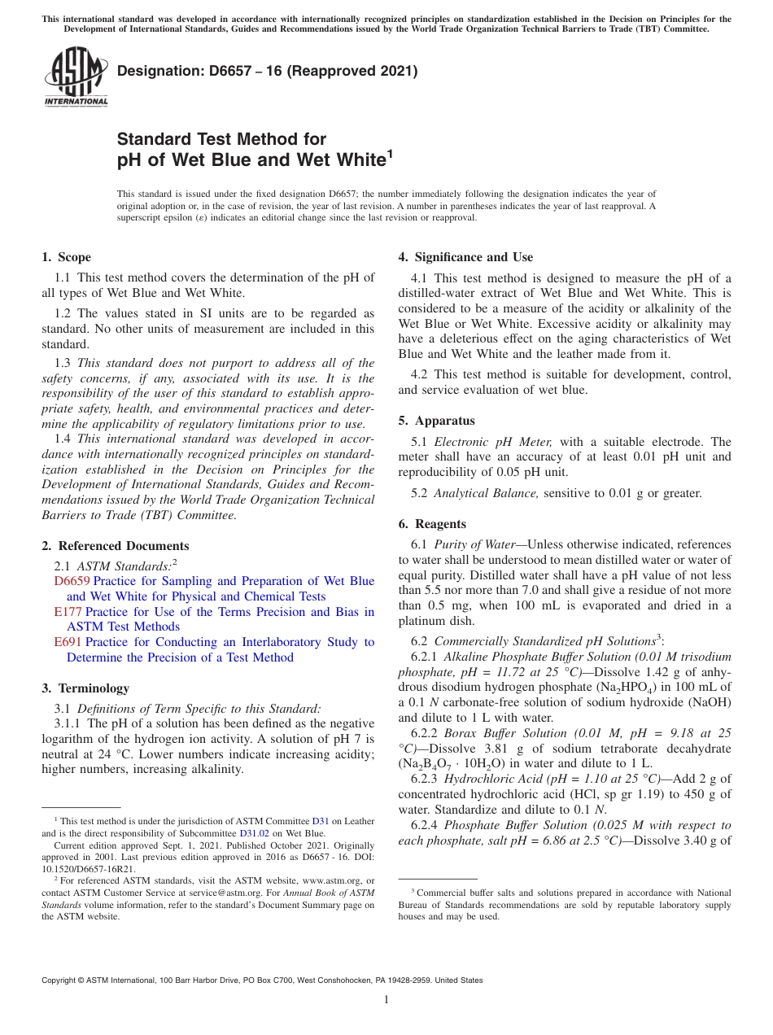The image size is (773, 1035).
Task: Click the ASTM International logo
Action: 76,77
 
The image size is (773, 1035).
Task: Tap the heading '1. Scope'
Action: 66,257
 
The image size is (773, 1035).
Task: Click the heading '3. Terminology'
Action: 85,688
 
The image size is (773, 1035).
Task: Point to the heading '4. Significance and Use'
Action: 465,257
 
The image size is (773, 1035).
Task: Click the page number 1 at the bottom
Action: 386,1000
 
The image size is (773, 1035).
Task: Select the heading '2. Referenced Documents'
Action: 115,546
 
